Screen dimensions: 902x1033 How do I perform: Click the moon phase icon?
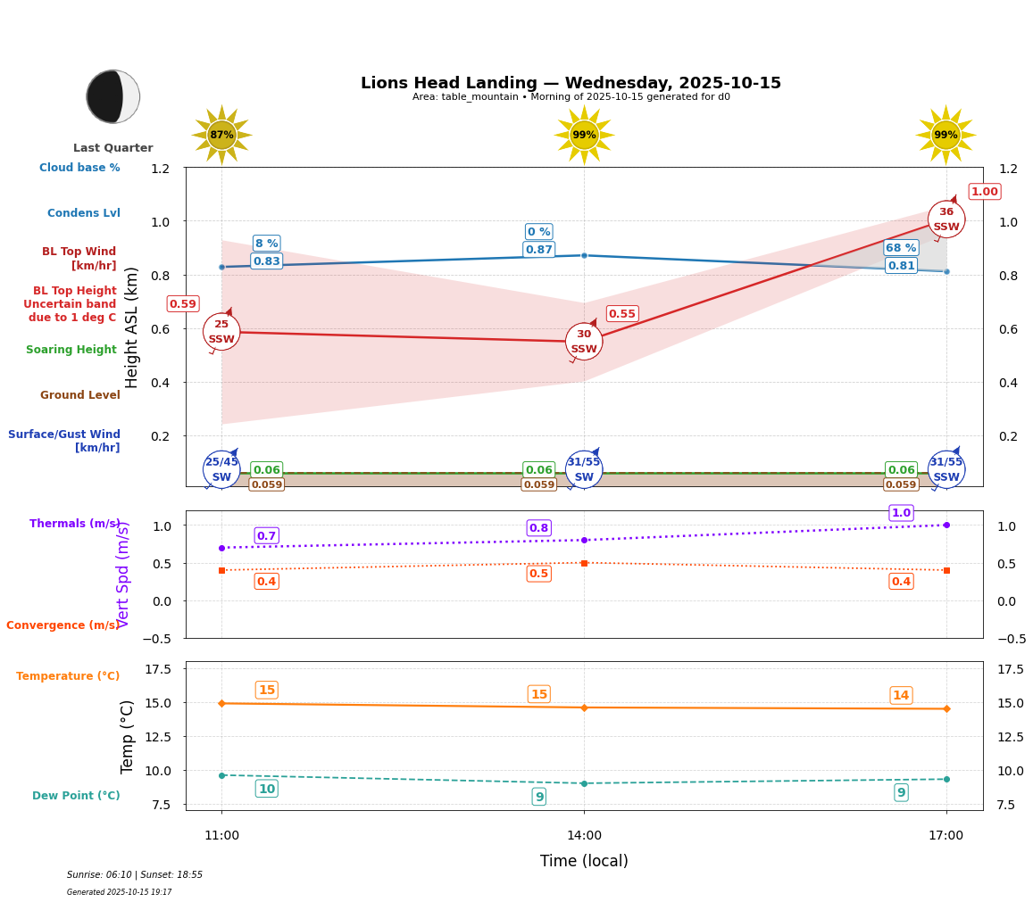pos(113,96)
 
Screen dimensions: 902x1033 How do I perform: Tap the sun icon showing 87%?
pos(221,136)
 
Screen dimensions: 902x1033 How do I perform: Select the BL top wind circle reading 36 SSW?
pos(946,219)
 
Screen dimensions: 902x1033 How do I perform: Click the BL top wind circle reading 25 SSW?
pos(221,332)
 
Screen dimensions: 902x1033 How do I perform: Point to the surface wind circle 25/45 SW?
pos(221,469)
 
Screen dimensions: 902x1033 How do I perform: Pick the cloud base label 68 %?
pos(900,248)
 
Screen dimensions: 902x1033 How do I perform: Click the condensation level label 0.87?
pos(538,250)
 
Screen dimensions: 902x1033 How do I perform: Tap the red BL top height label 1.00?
pos(984,192)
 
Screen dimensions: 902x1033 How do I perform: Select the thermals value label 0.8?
pos(538,528)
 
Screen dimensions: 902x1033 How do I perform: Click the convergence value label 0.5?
pos(538,574)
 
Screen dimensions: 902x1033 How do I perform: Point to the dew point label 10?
pos(266,789)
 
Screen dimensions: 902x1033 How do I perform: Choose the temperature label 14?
pos(901,696)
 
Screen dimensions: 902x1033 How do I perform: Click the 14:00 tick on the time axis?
pos(584,836)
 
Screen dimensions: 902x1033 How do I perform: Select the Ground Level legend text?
pos(79,395)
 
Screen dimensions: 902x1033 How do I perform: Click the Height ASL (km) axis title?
pos(132,327)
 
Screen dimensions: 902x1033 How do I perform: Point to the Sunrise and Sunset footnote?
pos(135,875)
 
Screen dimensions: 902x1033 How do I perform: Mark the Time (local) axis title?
pos(584,861)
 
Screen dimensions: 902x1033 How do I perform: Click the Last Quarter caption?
pos(113,148)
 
